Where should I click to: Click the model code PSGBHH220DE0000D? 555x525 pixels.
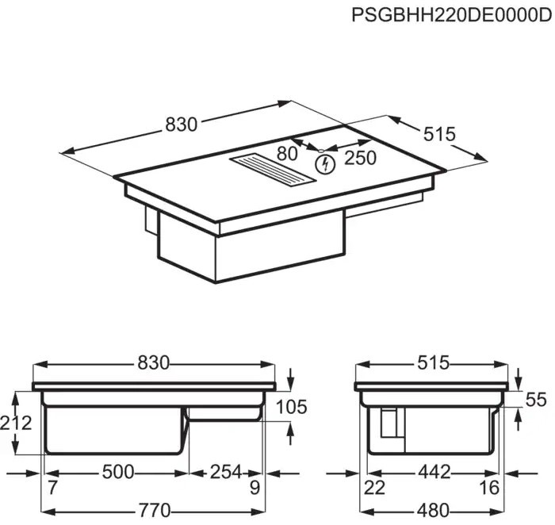click(452, 15)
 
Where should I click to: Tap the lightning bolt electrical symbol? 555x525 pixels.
click(325, 164)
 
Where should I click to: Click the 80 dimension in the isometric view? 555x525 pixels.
click(287, 154)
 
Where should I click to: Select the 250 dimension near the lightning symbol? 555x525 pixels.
click(360, 159)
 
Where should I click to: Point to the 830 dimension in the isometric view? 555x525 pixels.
click(181, 125)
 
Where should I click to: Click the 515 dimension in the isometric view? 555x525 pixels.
click(439, 134)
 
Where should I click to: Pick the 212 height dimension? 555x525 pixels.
click(16, 423)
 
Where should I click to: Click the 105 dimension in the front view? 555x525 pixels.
click(291, 407)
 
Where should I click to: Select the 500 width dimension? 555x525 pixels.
click(118, 472)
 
